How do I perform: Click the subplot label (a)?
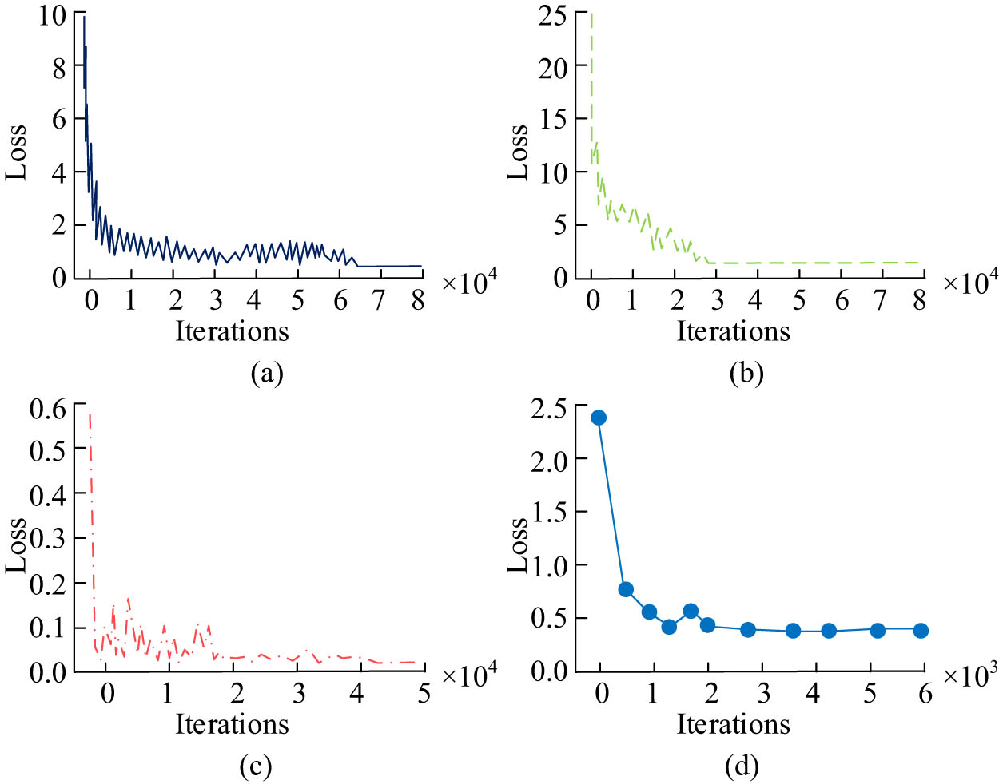click(x=267, y=373)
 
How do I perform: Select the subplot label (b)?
click(x=746, y=373)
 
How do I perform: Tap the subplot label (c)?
click(x=256, y=766)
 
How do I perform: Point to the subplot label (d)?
click(x=742, y=766)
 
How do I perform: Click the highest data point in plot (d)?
click(x=599, y=418)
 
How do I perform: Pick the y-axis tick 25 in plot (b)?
click(x=552, y=15)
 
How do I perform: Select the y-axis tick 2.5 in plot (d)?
click(x=549, y=409)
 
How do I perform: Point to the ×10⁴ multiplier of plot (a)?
click(x=469, y=282)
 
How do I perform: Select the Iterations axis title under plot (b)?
click(x=734, y=331)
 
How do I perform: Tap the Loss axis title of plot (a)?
click(x=16, y=152)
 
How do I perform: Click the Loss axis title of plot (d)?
click(x=518, y=545)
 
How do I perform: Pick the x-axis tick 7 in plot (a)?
click(x=380, y=300)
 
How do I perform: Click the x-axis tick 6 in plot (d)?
click(x=925, y=693)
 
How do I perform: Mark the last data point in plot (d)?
click(x=921, y=630)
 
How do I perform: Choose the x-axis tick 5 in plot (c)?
click(x=424, y=693)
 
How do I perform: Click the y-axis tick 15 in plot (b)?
click(x=552, y=119)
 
